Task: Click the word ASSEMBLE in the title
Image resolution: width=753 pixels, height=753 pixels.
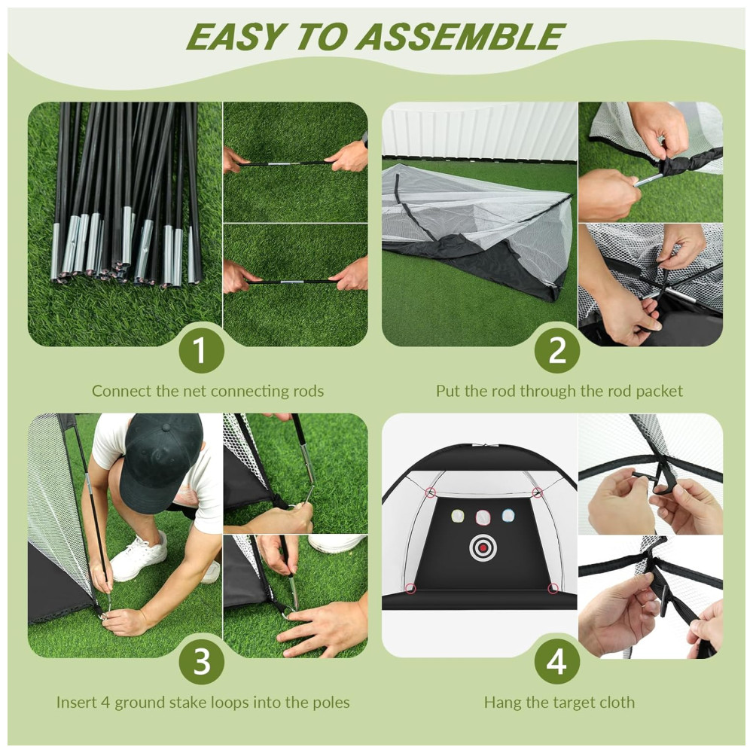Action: (x=459, y=36)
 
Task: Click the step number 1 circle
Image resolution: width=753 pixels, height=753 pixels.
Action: (x=201, y=350)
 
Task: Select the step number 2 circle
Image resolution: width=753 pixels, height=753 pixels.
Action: (x=556, y=350)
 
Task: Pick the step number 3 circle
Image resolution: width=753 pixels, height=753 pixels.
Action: (x=201, y=662)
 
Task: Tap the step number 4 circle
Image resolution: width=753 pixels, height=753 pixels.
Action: (x=556, y=662)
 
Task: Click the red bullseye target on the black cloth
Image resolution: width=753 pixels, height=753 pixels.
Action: (x=483, y=547)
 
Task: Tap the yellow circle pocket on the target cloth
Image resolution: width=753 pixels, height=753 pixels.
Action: (x=458, y=516)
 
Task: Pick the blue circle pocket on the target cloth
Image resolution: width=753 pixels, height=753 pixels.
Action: (x=508, y=516)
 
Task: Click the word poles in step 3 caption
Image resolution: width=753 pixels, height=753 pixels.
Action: (x=331, y=703)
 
